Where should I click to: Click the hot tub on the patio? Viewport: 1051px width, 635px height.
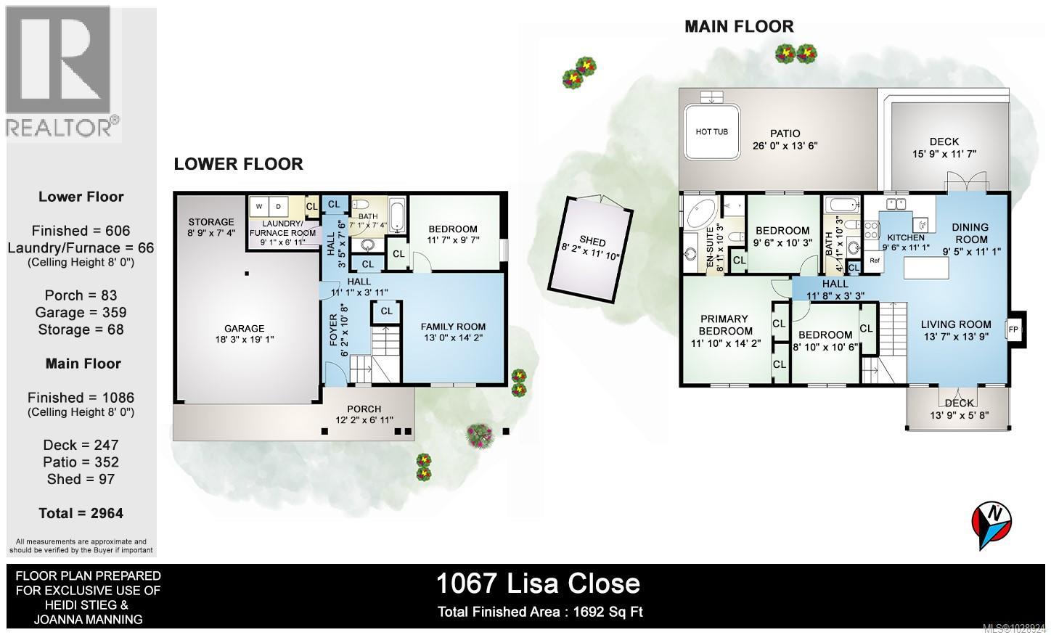coord(712,132)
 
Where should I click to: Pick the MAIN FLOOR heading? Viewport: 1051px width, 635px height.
coord(739,27)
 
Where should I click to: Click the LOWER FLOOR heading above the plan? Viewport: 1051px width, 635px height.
coord(238,164)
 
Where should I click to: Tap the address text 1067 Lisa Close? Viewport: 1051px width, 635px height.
coord(538,583)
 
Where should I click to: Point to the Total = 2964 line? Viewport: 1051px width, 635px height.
coord(81,513)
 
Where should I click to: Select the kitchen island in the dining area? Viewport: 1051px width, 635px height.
coord(927,269)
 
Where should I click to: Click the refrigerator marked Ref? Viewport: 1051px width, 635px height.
coord(874,261)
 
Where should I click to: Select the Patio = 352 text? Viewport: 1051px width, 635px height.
coord(81,462)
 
